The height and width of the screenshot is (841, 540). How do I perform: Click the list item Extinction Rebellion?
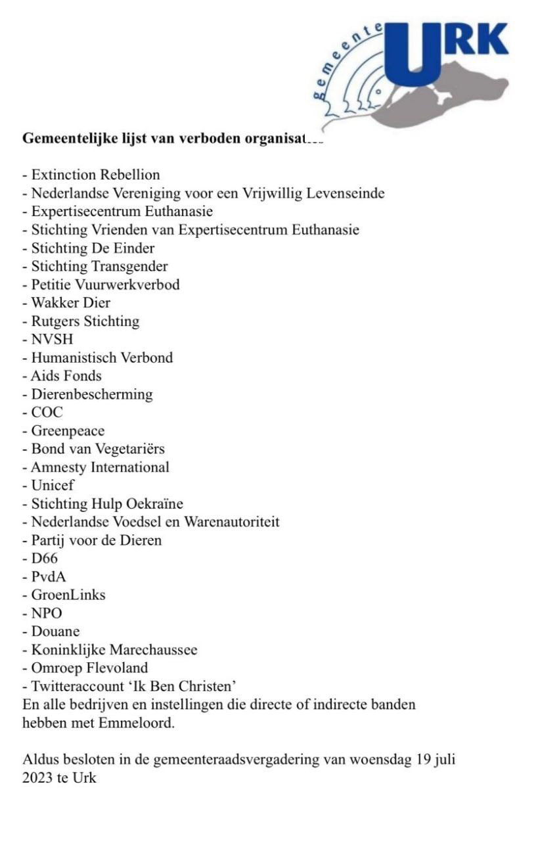[x=95, y=175]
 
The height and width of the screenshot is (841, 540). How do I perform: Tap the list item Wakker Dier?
[x=70, y=303]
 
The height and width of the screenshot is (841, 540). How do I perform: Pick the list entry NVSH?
[x=52, y=340]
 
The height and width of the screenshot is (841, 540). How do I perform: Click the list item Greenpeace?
[x=68, y=431]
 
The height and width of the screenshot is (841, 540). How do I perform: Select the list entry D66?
[x=45, y=558]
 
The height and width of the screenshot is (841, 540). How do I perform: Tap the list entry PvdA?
[x=49, y=577]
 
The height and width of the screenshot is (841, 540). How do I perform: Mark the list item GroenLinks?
[x=68, y=595]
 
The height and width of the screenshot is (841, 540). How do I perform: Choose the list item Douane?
[x=55, y=632]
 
